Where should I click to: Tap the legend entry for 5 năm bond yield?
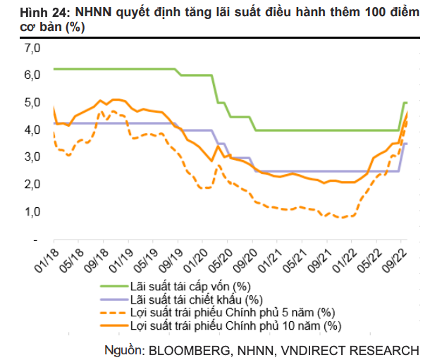[232, 312]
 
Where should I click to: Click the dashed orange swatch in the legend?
[112, 313]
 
